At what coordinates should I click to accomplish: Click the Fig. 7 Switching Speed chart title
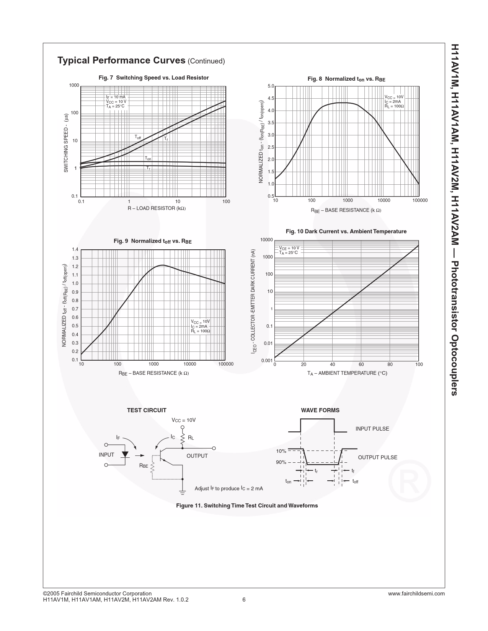coord(153,78)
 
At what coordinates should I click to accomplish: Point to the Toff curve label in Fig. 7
coord(138,137)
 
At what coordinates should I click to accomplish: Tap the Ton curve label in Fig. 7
coord(148,158)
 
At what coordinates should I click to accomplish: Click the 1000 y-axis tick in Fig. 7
coord(74,85)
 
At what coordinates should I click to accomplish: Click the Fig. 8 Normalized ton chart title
coord(346,79)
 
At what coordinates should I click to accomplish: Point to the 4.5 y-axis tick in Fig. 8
coord(271,98)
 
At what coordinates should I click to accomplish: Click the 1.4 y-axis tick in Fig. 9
coord(75,249)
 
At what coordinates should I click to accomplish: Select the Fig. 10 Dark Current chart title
coord(346,231)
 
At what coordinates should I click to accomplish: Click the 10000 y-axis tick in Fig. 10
coord(266,240)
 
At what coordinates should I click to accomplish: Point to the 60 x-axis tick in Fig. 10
coord(361,364)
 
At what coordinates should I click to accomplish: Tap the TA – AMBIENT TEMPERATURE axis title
coord(347,373)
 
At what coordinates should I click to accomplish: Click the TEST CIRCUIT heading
coord(147,410)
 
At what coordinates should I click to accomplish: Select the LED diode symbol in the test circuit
coord(125,455)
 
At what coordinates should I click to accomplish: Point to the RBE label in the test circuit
coord(144,466)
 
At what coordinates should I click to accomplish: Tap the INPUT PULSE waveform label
coord(372,429)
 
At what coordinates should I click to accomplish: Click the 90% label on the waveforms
coord(281,462)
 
